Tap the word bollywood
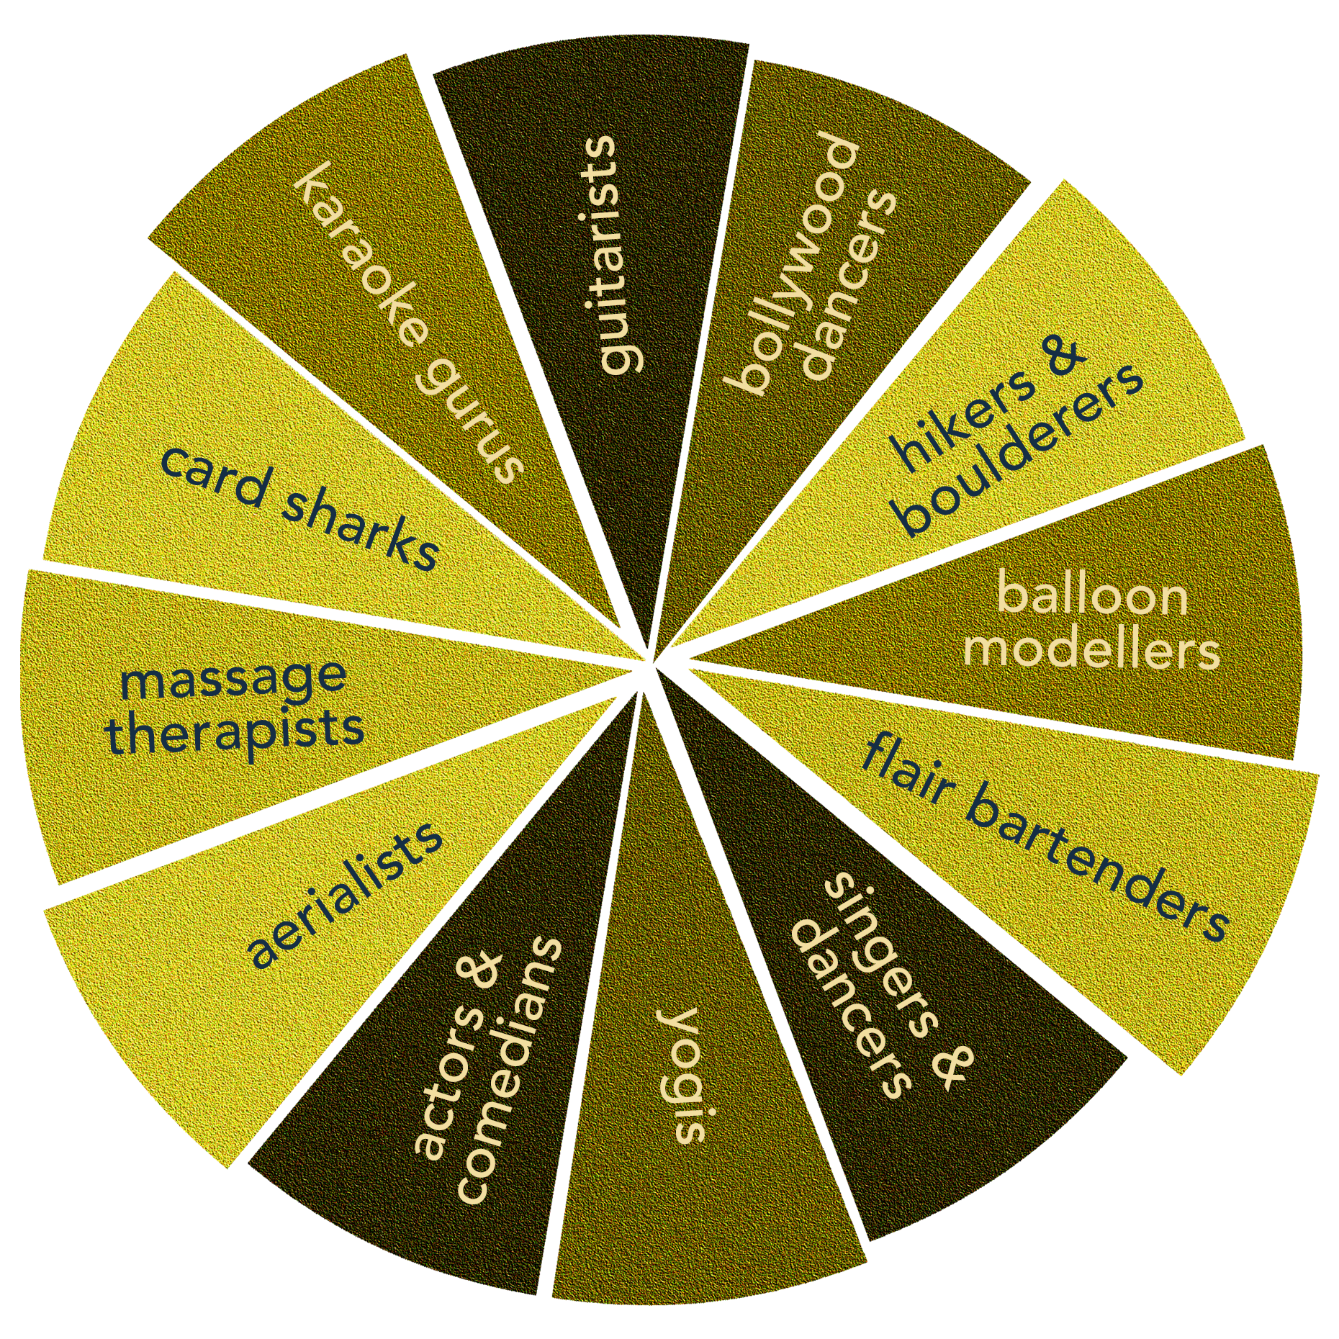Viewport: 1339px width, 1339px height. tap(792, 263)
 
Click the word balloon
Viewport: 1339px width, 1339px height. tap(1091, 597)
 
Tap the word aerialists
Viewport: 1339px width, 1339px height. tap(346, 893)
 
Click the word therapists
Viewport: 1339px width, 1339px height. tap(235, 731)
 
